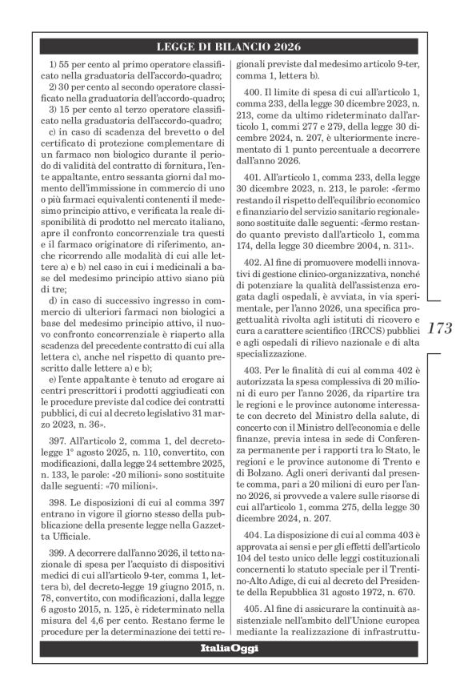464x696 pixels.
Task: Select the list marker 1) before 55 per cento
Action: tap(54, 62)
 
